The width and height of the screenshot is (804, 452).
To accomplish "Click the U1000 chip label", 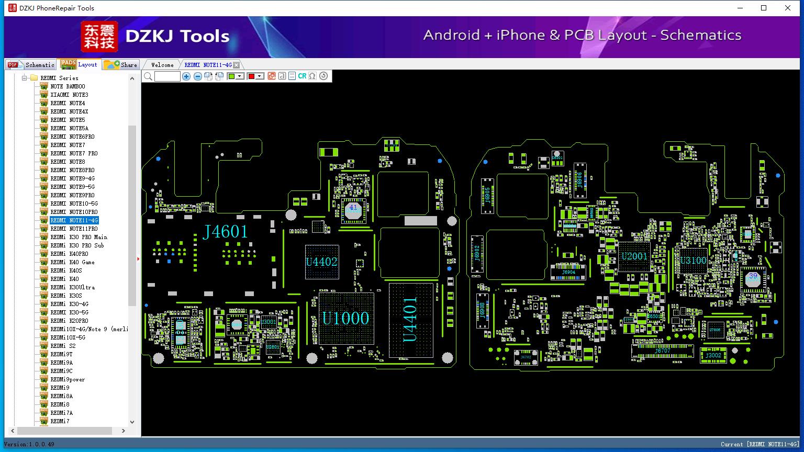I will pos(345,318).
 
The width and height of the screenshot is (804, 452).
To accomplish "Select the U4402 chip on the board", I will pos(321,262).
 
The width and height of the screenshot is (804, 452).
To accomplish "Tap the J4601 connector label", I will pos(225,231).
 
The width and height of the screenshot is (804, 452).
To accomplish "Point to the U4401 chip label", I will pos(410,320).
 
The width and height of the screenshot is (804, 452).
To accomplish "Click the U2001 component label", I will pos(634,256).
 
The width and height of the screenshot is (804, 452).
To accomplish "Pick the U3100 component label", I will pos(693,261).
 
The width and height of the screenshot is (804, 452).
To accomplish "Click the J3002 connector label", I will pos(713,355).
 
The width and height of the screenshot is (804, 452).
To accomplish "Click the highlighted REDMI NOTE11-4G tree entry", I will pos(74,220).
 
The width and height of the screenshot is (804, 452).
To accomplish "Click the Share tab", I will pos(121,65).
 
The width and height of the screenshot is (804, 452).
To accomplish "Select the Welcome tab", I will pos(162,65).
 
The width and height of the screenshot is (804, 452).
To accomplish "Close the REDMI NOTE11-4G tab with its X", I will pos(237,65).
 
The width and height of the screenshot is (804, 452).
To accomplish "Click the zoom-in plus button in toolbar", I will pos(186,76).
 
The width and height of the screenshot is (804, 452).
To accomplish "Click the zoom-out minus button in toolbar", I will pos(197,76).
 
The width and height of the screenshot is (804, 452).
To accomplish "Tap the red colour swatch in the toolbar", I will pos(251,76).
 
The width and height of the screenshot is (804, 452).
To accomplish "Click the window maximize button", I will pos(764,8).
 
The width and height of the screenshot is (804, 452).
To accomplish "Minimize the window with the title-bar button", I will pos(740,8).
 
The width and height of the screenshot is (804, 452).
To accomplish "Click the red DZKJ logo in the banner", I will pos(99,36).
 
